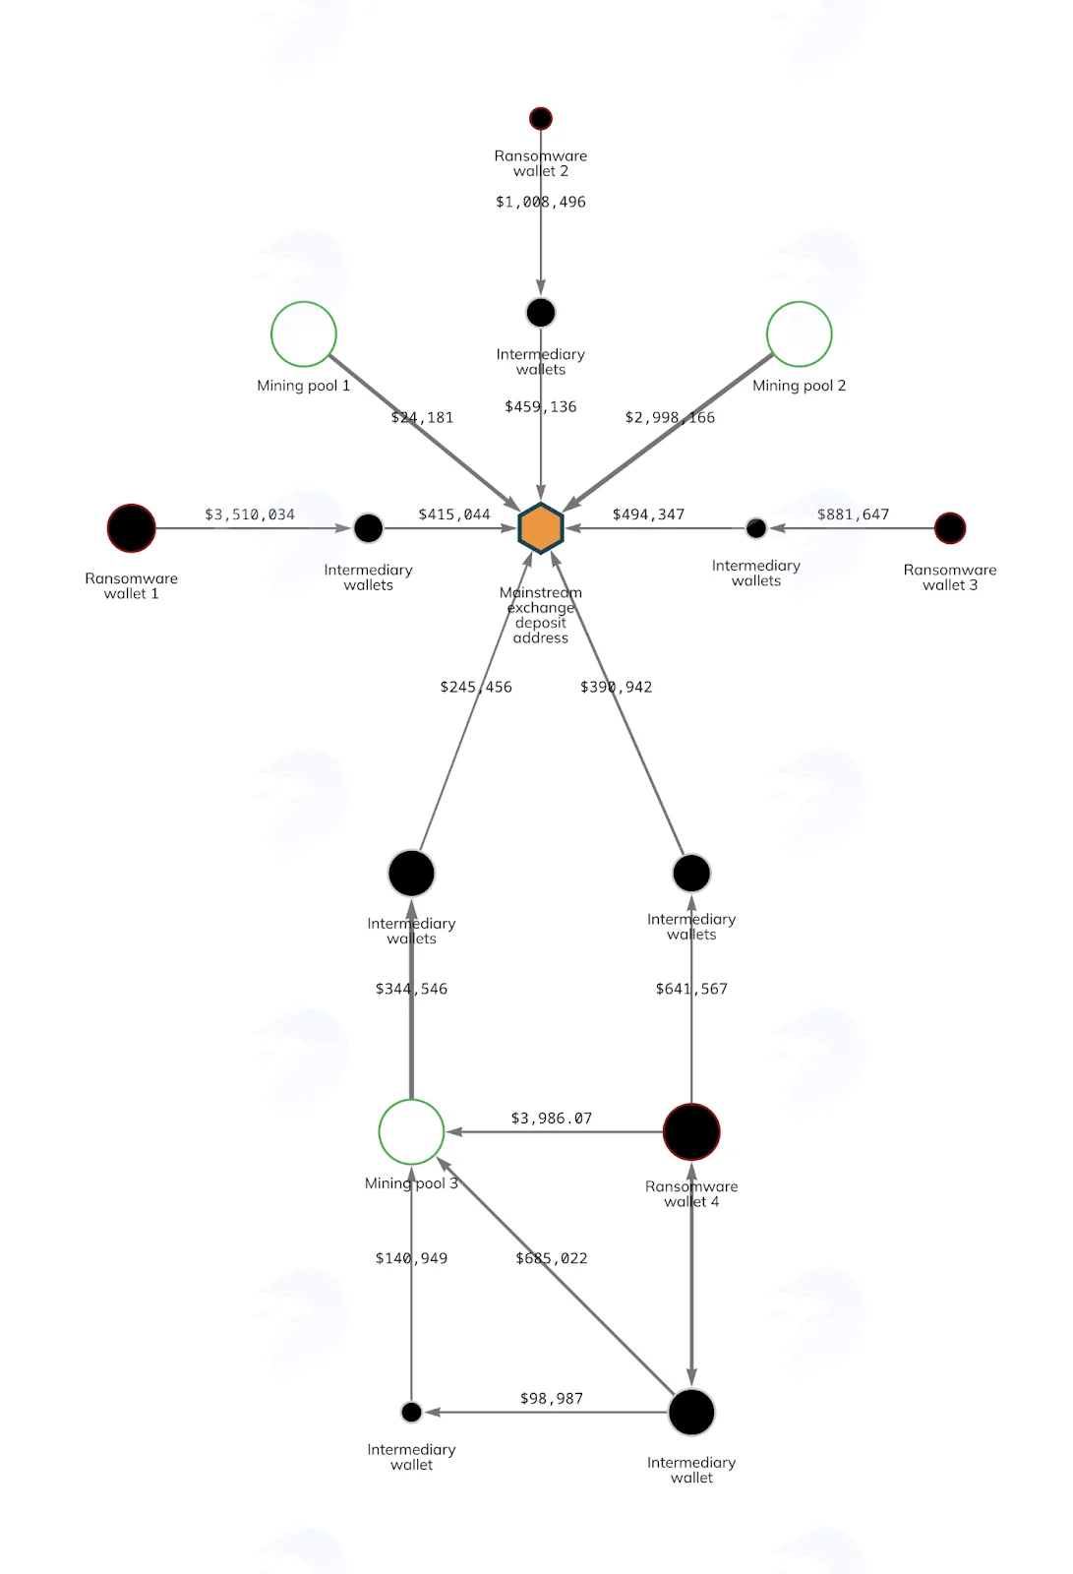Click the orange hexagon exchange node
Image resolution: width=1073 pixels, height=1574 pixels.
540,527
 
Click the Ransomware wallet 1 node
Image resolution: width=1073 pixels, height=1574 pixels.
132,527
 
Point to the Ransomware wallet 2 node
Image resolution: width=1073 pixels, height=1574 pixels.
540,118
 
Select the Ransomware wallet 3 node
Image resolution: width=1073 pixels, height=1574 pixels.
950,527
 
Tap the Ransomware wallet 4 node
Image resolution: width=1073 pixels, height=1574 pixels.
691,1132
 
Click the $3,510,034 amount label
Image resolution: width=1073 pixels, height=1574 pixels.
250,515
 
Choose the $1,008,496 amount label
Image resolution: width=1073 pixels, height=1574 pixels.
540,202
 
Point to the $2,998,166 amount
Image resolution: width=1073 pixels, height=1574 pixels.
670,417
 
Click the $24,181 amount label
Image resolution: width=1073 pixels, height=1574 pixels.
422,417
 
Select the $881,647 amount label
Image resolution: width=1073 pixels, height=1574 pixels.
853,515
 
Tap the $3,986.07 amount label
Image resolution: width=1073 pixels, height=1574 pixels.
551,1118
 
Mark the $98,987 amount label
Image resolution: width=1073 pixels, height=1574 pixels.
551,1398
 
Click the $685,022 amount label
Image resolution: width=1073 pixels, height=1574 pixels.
551,1258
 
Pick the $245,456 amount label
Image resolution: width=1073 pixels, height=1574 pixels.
476,687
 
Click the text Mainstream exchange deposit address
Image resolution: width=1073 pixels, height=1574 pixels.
540,615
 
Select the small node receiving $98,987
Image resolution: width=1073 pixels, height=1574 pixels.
411,1412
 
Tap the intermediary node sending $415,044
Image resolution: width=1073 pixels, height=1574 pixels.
368,527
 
